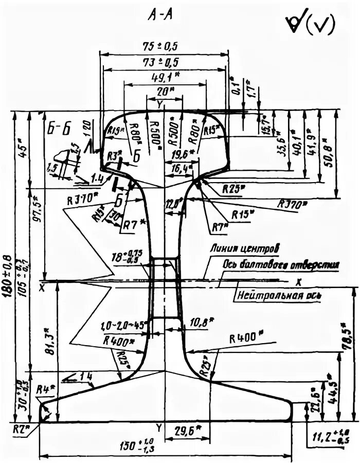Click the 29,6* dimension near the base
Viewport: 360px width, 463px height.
point(188,430)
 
